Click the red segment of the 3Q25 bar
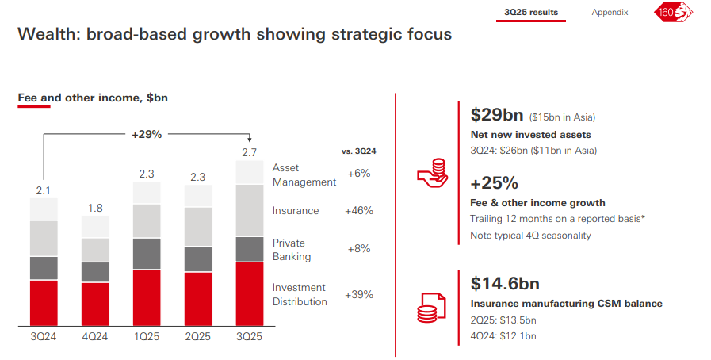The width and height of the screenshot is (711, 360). click(x=250, y=293)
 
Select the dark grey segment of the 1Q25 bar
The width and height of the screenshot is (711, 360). click(x=147, y=254)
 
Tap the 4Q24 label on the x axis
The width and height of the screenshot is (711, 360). click(x=95, y=336)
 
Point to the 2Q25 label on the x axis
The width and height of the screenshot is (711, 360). click(x=198, y=336)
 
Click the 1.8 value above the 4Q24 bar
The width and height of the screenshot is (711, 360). click(x=95, y=208)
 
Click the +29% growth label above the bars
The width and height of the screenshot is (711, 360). click(x=147, y=134)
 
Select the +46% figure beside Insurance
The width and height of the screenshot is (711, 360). click(x=358, y=211)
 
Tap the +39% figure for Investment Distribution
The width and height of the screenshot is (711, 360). click(x=358, y=294)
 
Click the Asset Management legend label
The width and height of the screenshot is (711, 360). click(x=304, y=174)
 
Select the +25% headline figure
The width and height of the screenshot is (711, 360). click(x=494, y=183)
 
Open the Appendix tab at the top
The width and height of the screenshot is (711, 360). click(x=610, y=12)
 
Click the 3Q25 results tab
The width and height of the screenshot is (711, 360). click(x=531, y=12)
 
